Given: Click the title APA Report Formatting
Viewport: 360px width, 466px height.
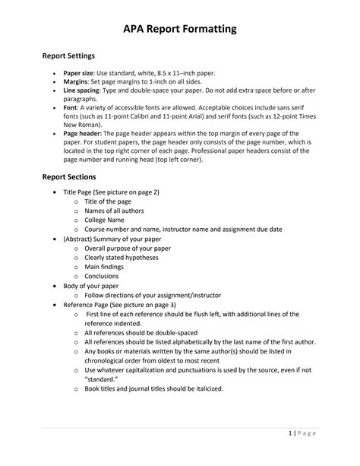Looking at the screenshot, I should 180,29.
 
